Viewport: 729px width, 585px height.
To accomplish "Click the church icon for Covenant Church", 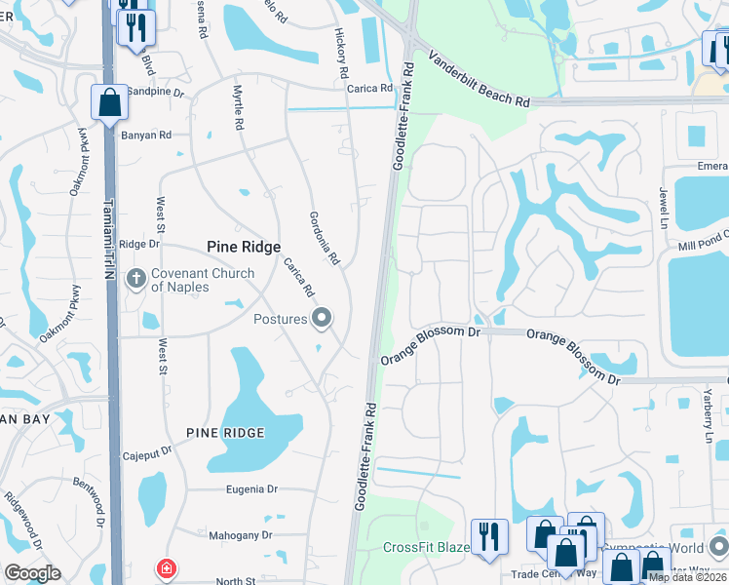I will click(x=135, y=281).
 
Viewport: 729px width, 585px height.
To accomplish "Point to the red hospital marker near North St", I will click(x=167, y=567).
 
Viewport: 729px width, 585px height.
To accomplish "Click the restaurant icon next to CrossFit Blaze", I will click(x=489, y=536).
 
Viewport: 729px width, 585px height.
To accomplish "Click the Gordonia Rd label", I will click(x=324, y=238).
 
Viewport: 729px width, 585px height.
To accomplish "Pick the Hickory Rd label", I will click(x=342, y=54).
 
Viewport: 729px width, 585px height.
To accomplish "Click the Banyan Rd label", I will click(x=146, y=135).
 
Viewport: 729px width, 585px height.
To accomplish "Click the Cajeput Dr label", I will click(x=147, y=452).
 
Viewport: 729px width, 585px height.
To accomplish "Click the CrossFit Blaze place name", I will click(x=426, y=548).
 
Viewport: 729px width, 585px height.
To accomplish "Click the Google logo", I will click(x=33, y=573).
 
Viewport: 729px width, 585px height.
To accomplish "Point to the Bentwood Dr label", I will click(x=90, y=499).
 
